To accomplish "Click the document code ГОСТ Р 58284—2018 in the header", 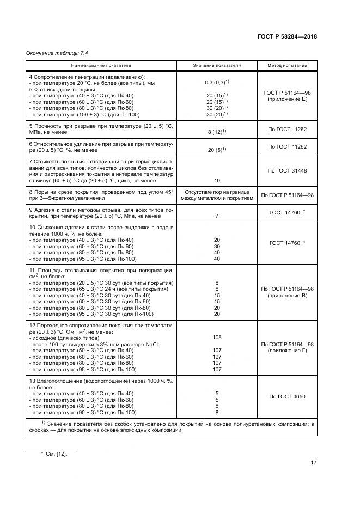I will (287, 37).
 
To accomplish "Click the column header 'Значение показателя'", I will (217, 65).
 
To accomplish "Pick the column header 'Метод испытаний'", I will (287, 65).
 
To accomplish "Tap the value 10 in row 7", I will (217, 180).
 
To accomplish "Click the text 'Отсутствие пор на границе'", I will (217, 192).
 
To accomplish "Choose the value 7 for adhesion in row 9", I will (217, 216).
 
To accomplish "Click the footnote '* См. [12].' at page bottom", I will (53, 454).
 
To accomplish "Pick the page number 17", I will (313, 463).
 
